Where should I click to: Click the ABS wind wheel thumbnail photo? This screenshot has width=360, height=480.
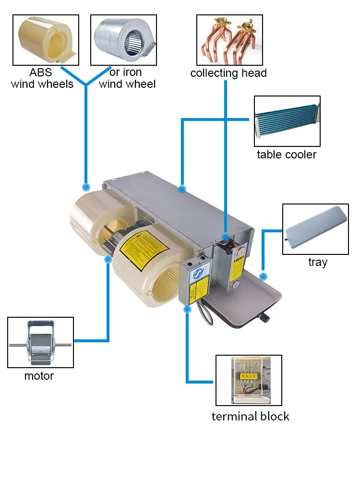45,40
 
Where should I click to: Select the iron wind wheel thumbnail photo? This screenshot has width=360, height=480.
123,40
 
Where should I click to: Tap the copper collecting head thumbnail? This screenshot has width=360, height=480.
229,40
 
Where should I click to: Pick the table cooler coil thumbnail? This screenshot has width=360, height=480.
287,121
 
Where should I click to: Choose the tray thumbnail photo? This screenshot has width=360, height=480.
315,229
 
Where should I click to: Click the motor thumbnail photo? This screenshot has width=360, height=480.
41,342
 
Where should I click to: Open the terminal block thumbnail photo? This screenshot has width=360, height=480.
249,380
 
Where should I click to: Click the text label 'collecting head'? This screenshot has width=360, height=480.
228,73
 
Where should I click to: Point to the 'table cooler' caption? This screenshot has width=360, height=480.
287,155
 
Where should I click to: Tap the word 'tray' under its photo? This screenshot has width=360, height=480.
318,262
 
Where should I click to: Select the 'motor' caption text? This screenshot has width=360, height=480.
39,376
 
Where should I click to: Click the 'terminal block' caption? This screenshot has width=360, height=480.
251,416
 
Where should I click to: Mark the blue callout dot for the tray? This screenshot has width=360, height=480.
263,277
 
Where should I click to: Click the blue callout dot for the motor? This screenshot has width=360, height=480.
108,259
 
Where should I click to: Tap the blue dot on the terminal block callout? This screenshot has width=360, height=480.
187,310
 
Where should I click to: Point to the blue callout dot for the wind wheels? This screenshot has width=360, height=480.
86,187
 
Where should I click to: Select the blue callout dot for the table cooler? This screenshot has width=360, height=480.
182,190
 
